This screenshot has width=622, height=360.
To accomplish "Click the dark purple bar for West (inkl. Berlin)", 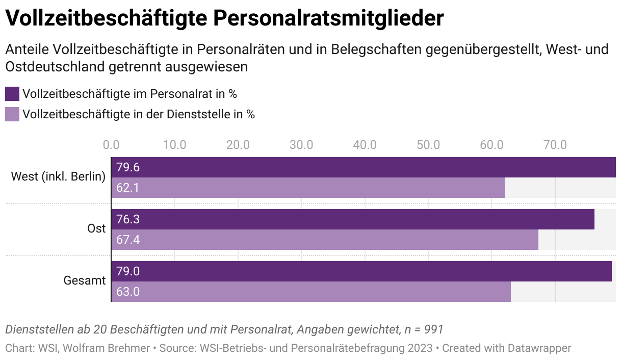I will tap(363, 167).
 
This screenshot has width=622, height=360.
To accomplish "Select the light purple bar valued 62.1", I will tap(308, 188).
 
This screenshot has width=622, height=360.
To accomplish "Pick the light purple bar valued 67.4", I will tap(325, 240).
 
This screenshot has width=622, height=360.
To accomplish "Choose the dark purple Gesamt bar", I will tap(361, 271).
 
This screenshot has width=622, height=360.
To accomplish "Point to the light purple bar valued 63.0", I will tap(311, 292).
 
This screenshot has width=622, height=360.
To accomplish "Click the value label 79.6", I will tap(128, 167).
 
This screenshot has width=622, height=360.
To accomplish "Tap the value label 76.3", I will tap(128, 219).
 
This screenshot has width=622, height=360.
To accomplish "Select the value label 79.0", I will tap(128, 271).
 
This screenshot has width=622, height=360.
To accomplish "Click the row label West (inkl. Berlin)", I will tap(58, 177).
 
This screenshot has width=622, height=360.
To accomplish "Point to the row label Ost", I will tap(96, 229).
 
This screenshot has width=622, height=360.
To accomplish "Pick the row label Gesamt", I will tap(85, 281).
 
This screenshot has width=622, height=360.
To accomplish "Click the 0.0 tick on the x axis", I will tap(111, 145).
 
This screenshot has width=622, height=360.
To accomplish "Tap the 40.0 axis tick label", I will tap(365, 145).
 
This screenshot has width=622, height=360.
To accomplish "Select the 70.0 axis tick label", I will tap(555, 145).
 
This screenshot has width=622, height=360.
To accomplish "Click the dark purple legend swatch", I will tap(12, 94).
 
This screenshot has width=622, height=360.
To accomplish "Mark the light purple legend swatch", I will tap(12, 114).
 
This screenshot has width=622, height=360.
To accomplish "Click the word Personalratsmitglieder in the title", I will tap(328, 19).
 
